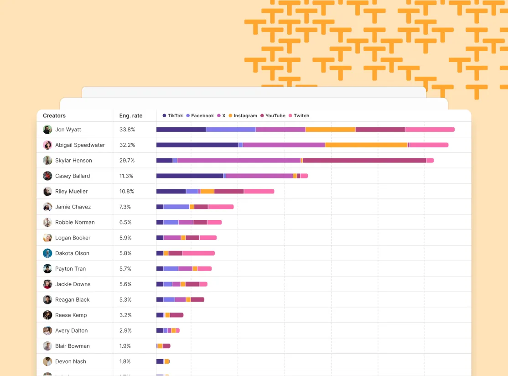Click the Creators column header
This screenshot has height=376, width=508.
tap(54, 116)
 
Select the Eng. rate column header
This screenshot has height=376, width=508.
tap(131, 116)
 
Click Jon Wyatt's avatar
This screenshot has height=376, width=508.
tap(47, 130)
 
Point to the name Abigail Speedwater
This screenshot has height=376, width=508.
tap(80, 145)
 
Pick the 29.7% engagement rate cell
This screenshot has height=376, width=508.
tap(127, 161)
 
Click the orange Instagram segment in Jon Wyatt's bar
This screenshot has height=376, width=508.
tap(330, 130)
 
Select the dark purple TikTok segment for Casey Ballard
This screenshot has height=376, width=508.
tap(189, 176)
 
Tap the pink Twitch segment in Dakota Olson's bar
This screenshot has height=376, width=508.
tap(198, 253)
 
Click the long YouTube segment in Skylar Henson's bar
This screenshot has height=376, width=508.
tap(364, 161)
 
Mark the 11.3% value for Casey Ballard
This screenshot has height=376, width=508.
tap(127, 176)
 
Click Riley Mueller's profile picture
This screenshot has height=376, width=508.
tap(47, 192)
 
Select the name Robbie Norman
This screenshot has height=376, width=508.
tap(75, 223)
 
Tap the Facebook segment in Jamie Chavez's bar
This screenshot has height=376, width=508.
tap(176, 207)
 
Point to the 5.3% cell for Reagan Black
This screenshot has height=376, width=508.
tap(126, 300)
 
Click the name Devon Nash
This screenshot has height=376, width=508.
tap(71, 362)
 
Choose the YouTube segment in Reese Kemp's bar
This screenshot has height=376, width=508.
tap(176, 315)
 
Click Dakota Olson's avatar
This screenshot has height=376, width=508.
tap(47, 253)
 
